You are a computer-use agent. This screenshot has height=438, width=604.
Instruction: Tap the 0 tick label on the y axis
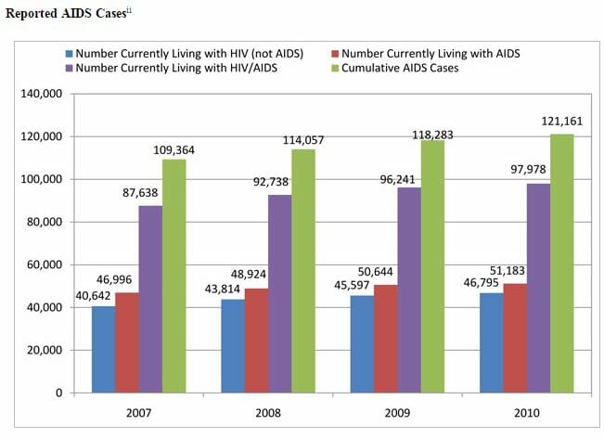pos(58,393)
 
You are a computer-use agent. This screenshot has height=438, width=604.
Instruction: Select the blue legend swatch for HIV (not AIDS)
pos(70,53)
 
